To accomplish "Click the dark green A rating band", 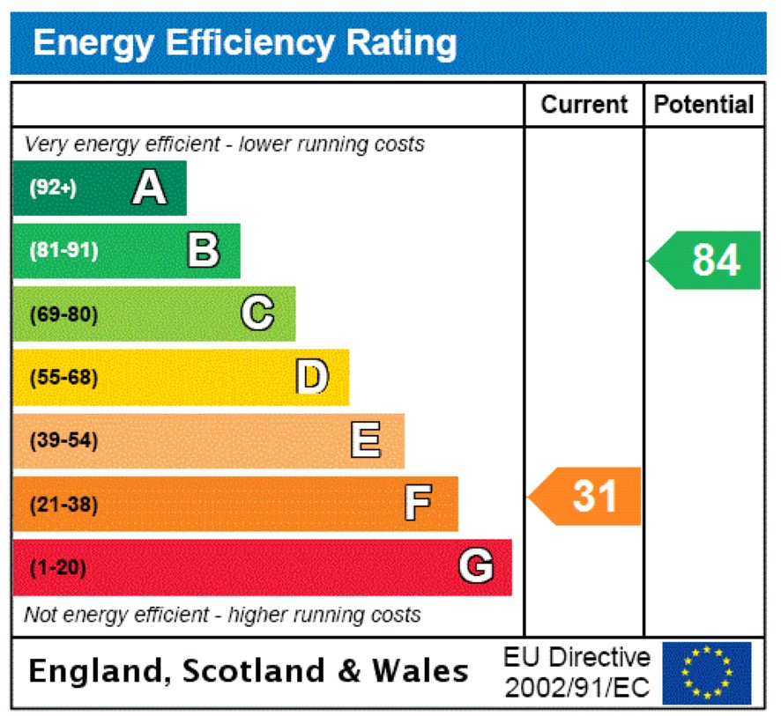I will (100, 188).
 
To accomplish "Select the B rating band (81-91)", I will (126, 251).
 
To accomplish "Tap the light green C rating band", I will (154, 314).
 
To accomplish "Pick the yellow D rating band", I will (181, 377).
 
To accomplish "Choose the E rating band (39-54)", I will (208, 440).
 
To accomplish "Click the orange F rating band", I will (235, 504).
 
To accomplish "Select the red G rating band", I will (262, 567).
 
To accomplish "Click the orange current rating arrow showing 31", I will (586, 497).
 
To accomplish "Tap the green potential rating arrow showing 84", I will (706, 260).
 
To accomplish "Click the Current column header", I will (584, 105).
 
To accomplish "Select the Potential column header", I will (703, 105).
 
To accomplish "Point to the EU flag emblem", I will (707, 673).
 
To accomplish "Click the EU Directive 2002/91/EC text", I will (576, 673).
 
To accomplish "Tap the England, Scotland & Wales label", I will (248, 672).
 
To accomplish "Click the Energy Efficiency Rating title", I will (244, 42).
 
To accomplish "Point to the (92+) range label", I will (53, 188).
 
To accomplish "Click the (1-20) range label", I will (58, 568).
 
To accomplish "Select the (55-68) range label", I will (63, 378).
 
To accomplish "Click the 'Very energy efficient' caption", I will (224, 144).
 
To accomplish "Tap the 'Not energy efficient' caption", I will (222, 614).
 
